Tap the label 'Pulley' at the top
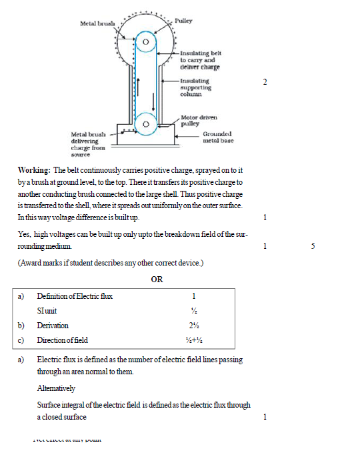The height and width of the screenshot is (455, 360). (183, 21)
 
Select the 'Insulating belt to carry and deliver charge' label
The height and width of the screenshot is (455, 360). (199, 59)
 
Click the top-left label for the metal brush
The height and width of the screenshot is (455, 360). (97, 24)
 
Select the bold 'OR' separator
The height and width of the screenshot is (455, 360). (157, 279)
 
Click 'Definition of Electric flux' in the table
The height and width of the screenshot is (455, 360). (75, 296)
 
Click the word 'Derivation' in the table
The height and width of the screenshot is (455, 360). (53, 326)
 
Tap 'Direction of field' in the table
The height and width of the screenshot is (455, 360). (62, 340)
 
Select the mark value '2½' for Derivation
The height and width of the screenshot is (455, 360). (193, 326)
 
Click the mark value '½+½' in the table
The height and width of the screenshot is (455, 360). (193, 340)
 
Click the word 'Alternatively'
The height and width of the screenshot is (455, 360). (56, 388)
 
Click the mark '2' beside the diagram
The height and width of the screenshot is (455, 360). (265, 82)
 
